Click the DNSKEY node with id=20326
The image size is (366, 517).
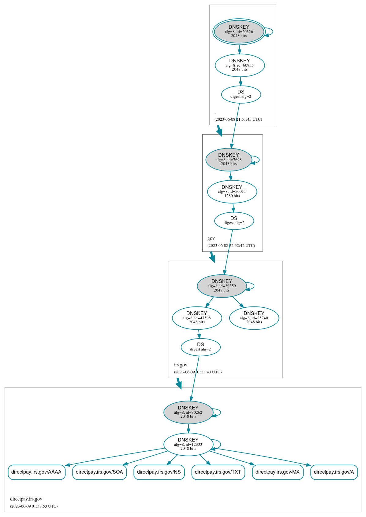(239, 31)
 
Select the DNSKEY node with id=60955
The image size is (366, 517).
(240, 65)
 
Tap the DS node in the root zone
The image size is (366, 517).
(241, 94)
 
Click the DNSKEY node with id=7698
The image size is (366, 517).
(229, 160)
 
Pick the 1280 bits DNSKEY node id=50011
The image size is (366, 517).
(232, 192)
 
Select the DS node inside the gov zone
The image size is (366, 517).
(234, 221)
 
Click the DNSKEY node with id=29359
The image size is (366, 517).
(222, 286)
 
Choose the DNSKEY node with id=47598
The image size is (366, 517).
(197, 318)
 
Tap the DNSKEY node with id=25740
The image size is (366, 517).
(254, 318)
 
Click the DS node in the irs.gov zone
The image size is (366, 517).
(200, 347)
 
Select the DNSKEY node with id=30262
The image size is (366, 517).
(188, 413)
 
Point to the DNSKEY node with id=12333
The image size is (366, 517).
(188, 444)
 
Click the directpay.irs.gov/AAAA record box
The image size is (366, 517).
(36, 472)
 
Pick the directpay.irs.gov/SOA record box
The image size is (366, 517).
(99, 472)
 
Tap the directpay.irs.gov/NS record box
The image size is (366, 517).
(159, 472)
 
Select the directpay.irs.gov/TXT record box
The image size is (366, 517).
(218, 472)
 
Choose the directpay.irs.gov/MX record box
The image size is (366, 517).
(278, 472)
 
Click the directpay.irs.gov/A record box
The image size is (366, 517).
(334, 472)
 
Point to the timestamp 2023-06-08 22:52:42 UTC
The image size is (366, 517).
(231, 246)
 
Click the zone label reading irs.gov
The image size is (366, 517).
(181, 365)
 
